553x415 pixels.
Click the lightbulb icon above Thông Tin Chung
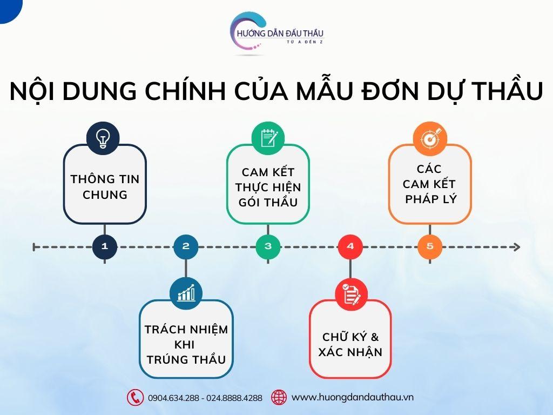point(103,138)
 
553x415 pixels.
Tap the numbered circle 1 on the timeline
point(105,246)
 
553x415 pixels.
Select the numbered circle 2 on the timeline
point(186,246)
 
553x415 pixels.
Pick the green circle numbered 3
point(268,246)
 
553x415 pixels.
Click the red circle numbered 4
point(350,246)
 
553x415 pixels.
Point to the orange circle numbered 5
point(430,246)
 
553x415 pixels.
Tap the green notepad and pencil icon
point(268,138)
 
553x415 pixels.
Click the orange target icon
point(430,139)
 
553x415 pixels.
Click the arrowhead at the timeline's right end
point(517,247)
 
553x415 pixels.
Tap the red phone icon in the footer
point(135,397)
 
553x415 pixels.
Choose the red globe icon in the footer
point(279,397)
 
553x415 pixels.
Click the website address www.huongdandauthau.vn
point(352,397)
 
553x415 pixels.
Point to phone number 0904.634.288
point(173,398)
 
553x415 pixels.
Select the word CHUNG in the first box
point(105,195)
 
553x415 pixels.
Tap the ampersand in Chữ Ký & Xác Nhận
point(375,337)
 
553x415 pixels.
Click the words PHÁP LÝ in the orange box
point(430,199)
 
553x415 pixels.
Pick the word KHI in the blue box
point(185,344)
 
